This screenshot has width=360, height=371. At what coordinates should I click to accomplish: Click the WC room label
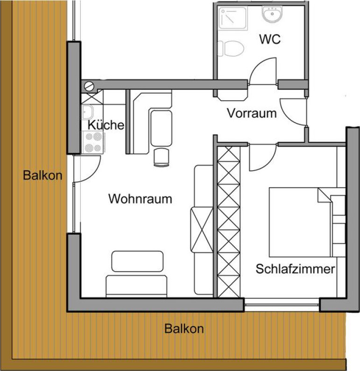(270, 39)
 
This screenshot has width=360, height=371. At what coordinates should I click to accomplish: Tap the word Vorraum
(252, 113)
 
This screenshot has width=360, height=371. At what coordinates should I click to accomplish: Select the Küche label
(106, 125)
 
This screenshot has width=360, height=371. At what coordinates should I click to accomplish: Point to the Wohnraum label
(140, 199)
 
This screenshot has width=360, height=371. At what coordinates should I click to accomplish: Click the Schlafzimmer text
(295, 269)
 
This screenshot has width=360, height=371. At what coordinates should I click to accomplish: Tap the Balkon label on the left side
(42, 175)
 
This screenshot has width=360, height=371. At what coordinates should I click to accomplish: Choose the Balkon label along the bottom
(184, 329)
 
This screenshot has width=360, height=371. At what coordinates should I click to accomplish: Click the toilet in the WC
(231, 49)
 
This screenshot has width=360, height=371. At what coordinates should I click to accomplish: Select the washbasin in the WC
(272, 14)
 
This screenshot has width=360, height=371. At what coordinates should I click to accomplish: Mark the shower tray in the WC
(233, 19)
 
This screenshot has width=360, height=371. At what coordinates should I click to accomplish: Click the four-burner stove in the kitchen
(93, 142)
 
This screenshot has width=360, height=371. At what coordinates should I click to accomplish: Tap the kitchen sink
(88, 112)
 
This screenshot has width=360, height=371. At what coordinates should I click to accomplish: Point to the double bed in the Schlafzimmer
(307, 223)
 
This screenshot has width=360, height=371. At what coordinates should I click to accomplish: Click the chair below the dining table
(162, 157)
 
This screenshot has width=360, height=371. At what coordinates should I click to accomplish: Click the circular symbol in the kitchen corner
(89, 86)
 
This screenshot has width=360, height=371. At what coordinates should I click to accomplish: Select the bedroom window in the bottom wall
(282, 305)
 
